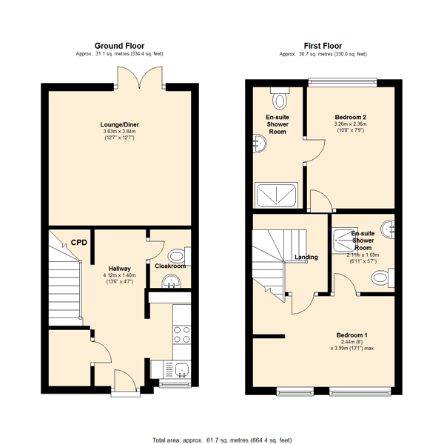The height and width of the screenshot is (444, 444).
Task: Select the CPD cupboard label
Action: coord(79,243)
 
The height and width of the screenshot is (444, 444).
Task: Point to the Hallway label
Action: coord(120,269)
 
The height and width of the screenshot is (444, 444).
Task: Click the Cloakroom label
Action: coord(169,266)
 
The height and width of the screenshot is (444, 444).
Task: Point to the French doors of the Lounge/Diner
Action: coord(141,76)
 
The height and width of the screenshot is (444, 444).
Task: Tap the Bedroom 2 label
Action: coord(350,118)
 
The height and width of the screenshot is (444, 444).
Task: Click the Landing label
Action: coord(306,258)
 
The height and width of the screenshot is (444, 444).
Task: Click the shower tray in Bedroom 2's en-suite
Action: coord(278,195)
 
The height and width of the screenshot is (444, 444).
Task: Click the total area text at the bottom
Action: coord(221,438)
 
